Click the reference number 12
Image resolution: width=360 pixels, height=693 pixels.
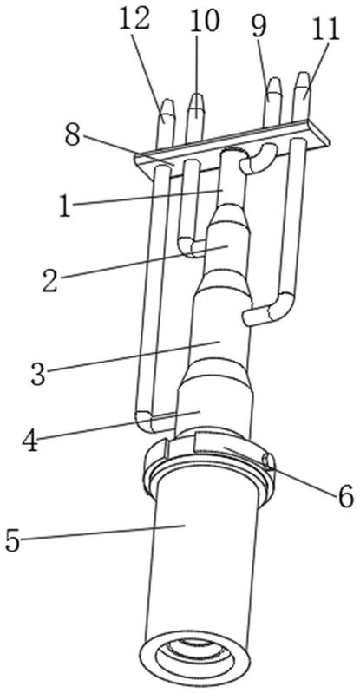[134, 20]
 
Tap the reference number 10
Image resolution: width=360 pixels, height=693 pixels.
[205, 21]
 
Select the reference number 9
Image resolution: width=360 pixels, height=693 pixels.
[259, 27]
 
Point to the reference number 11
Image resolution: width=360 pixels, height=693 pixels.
[325, 29]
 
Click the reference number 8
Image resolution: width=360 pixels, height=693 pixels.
[73, 135]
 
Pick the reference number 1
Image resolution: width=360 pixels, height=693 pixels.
[65, 206]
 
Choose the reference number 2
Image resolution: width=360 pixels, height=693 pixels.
[50, 280]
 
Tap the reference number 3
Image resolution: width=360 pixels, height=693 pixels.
[38, 374]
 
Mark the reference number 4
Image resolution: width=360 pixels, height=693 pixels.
[30, 440]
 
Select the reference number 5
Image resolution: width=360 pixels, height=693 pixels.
[13, 540]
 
